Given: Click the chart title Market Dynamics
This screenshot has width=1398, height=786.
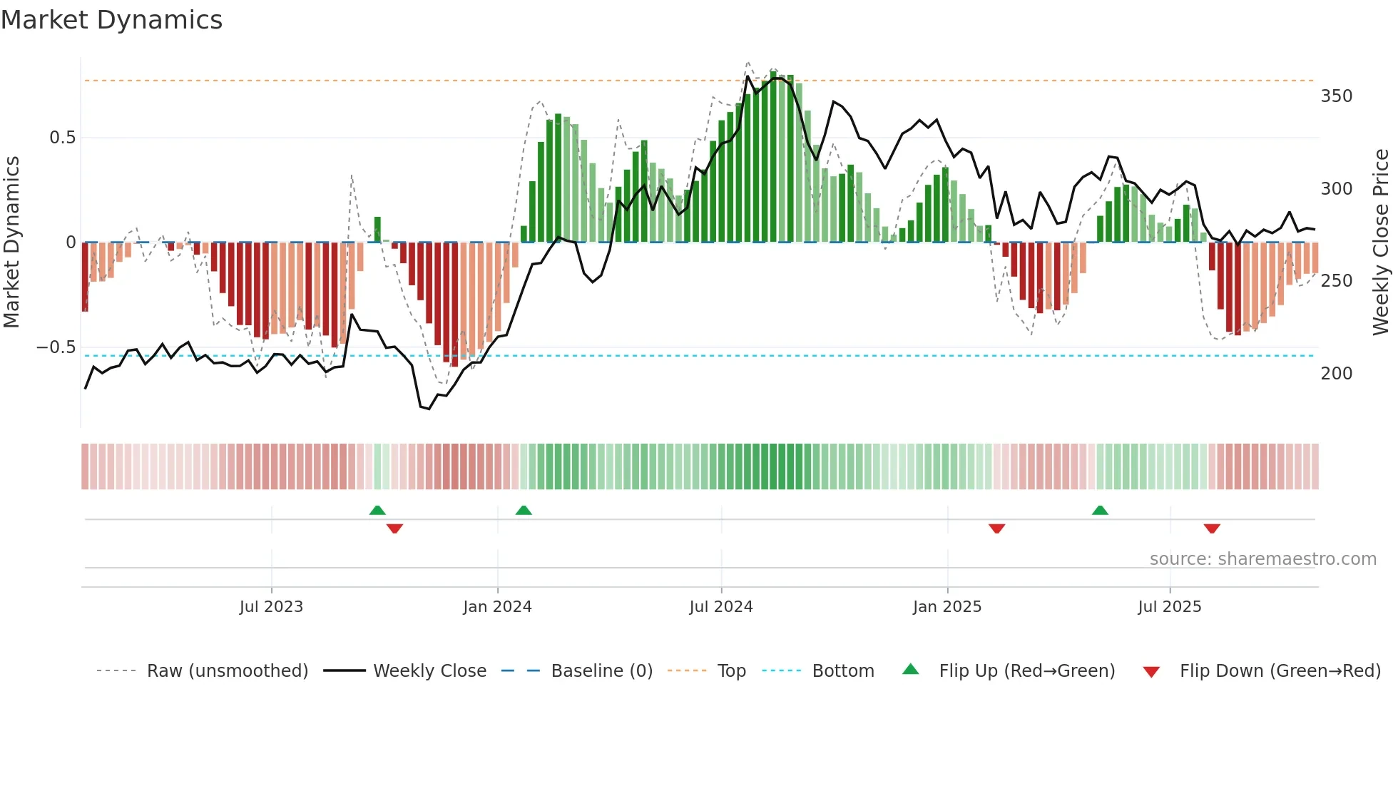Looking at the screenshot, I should pos(111,20).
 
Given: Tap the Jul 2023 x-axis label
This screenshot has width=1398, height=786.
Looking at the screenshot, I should pos(271,607).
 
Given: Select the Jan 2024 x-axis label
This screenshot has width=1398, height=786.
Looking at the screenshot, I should pos(497,607).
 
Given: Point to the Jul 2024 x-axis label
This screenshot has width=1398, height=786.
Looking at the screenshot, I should pos(721,607).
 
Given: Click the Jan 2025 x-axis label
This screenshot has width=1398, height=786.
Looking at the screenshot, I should pos(947,607).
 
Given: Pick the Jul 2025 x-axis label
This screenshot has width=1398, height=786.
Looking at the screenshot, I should pos(1170,607).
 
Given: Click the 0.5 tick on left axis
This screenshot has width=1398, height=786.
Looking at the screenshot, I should pos(62,138).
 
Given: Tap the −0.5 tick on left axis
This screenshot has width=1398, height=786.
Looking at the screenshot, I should pos(56,347).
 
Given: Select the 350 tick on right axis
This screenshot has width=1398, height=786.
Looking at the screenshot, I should pos(1336,96).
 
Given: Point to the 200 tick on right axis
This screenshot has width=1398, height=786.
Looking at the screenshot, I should pos(1336,374).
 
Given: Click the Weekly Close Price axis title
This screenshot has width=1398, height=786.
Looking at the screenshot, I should pos(1381,243).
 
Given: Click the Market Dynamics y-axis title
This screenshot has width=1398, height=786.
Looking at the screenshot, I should pos(12,243).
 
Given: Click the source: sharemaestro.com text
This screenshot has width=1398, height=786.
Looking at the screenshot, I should pos(1262,559).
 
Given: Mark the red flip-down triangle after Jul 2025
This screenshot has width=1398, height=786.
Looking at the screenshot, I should pos(1212,529).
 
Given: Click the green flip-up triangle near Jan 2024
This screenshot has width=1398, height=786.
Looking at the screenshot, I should pos(524,510).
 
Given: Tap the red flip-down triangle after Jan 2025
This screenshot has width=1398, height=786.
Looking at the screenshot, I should pos(996,529).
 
